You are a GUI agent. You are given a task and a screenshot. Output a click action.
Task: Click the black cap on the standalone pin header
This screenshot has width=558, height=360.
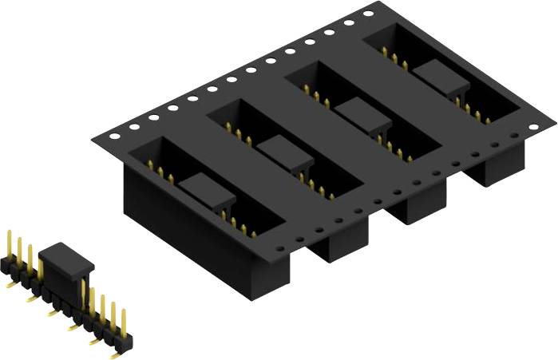coord(66,259)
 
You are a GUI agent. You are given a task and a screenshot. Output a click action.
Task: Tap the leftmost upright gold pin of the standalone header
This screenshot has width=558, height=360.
coord(10,244)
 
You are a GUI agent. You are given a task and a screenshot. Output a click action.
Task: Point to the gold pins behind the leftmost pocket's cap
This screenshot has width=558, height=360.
coord(160,172)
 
